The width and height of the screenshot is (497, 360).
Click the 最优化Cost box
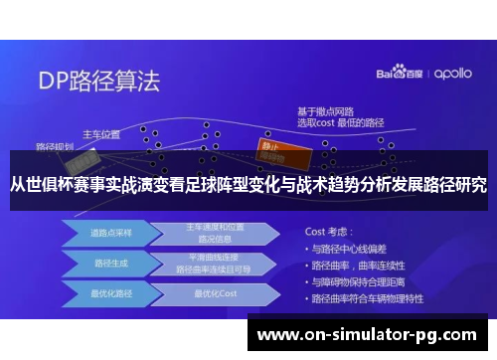(x=214, y=294)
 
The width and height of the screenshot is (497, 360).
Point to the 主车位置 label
(x=100, y=133)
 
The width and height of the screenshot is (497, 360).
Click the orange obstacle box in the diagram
(x=276, y=145)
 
